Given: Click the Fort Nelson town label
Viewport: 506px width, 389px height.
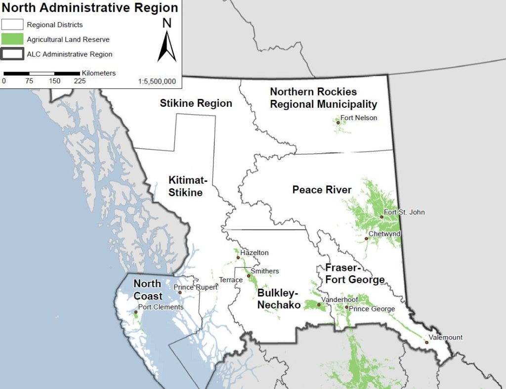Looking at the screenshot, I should (359, 118).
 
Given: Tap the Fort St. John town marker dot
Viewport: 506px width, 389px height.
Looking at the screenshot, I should (381, 217).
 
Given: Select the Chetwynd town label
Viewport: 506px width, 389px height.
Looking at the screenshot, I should (384, 234).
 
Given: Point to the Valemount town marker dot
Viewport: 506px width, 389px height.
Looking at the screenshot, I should (427, 342).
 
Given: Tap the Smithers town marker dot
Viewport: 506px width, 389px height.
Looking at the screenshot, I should (249, 276).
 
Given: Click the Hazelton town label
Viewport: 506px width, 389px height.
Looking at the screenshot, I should (254, 253).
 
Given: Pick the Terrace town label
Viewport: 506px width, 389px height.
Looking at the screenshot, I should (231, 280).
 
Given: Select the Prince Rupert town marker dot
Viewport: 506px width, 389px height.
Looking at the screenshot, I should (180, 293).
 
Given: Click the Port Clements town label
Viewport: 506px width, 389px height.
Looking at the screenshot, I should (161, 307).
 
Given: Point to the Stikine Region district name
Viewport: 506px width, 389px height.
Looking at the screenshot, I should (196, 103).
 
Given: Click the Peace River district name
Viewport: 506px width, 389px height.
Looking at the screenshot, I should (322, 190).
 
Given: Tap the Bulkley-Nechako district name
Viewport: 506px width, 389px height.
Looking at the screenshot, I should (279, 299).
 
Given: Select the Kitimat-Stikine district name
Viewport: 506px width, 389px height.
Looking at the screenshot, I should (185, 186).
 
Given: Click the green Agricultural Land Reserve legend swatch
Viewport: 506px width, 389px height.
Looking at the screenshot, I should (12, 39).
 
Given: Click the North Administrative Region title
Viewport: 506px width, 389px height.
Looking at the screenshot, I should (89, 8).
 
